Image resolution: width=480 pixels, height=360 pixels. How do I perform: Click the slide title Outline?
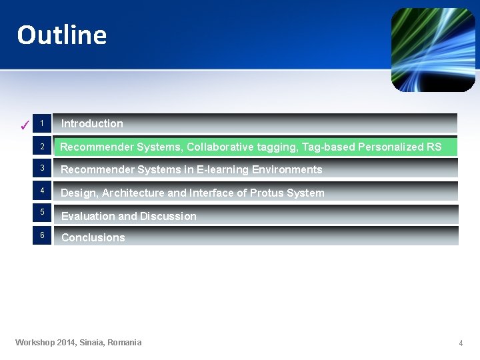[62, 35]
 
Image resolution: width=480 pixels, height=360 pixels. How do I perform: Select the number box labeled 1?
[41, 123]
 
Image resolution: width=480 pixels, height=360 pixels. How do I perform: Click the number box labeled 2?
[41, 147]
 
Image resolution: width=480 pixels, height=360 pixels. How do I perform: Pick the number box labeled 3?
[41, 168]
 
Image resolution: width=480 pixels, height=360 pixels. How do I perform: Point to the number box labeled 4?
[41, 191]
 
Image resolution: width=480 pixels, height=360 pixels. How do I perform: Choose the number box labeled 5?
[41, 212]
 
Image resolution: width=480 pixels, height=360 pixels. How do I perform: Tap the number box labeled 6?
[41, 235]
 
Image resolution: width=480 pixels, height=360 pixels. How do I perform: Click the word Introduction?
[92, 123]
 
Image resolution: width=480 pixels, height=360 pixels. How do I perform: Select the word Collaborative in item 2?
[218, 147]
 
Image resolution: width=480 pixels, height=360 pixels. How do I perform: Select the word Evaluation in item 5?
[88, 216]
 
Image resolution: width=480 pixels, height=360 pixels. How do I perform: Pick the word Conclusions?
[93, 237]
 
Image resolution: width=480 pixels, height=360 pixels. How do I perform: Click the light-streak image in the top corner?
[433, 50]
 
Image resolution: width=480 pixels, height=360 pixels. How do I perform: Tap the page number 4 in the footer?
[460, 343]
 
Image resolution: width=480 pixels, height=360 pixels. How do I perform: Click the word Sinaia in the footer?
[91, 343]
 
